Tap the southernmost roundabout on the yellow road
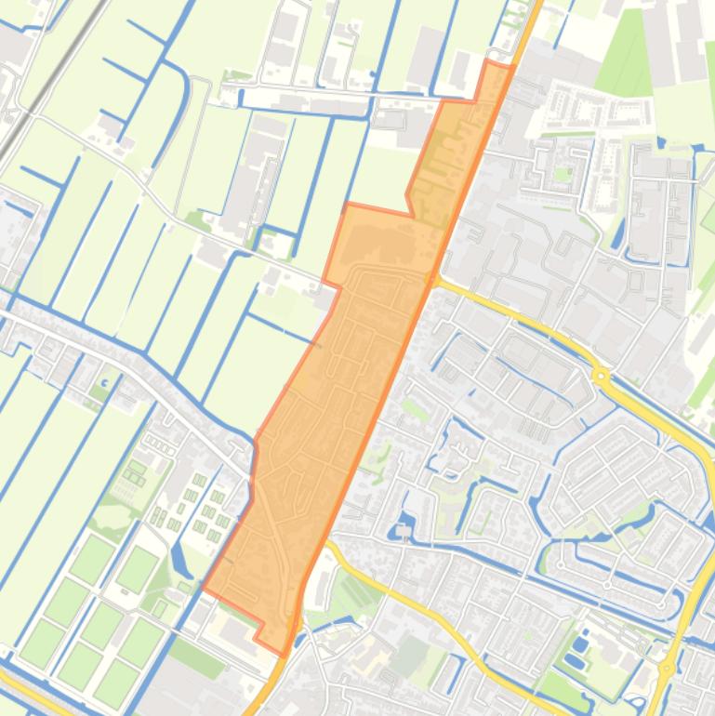click(666, 668)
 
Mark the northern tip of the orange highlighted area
click(490, 63)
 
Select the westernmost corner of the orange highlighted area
click(203, 589)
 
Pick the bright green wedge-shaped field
click(623, 56)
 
